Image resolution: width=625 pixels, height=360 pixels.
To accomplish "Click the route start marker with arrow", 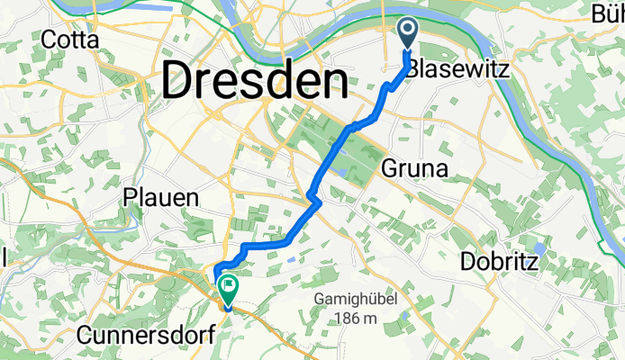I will pyautogui.click(x=407, y=34).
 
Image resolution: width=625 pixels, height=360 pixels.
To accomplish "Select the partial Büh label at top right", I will pyautogui.click(x=604, y=13).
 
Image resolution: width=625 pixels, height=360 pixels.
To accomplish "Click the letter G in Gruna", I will pyautogui.click(x=391, y=167).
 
